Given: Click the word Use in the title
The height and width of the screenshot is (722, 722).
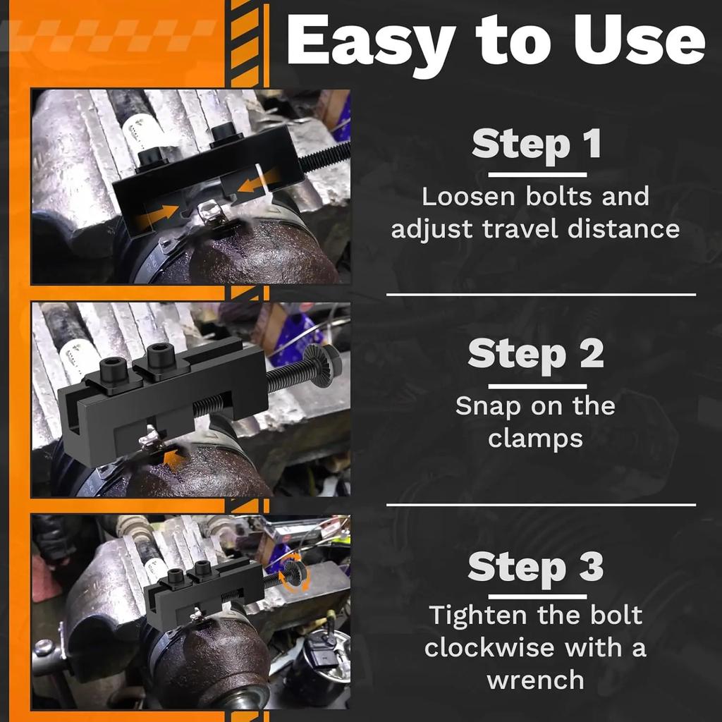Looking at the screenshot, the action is coord(640,39).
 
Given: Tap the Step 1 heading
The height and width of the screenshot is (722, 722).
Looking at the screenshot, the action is coord(537,144).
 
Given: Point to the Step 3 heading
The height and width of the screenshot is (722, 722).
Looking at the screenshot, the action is coord(536,566).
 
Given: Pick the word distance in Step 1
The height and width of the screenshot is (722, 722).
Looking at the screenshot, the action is coord(623,229).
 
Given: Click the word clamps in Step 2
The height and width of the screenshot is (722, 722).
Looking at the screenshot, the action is coord(536,438).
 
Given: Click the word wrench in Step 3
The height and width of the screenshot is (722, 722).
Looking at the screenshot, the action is coord(536,680).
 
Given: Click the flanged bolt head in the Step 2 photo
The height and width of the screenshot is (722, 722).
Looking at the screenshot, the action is coord(322,365).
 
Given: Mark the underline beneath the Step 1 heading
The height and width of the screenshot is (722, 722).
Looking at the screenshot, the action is coord(537,175).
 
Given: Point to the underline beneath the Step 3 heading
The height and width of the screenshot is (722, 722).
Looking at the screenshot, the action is coord(537,597).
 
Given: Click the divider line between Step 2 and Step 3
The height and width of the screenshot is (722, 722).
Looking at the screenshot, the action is coord(541,505).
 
